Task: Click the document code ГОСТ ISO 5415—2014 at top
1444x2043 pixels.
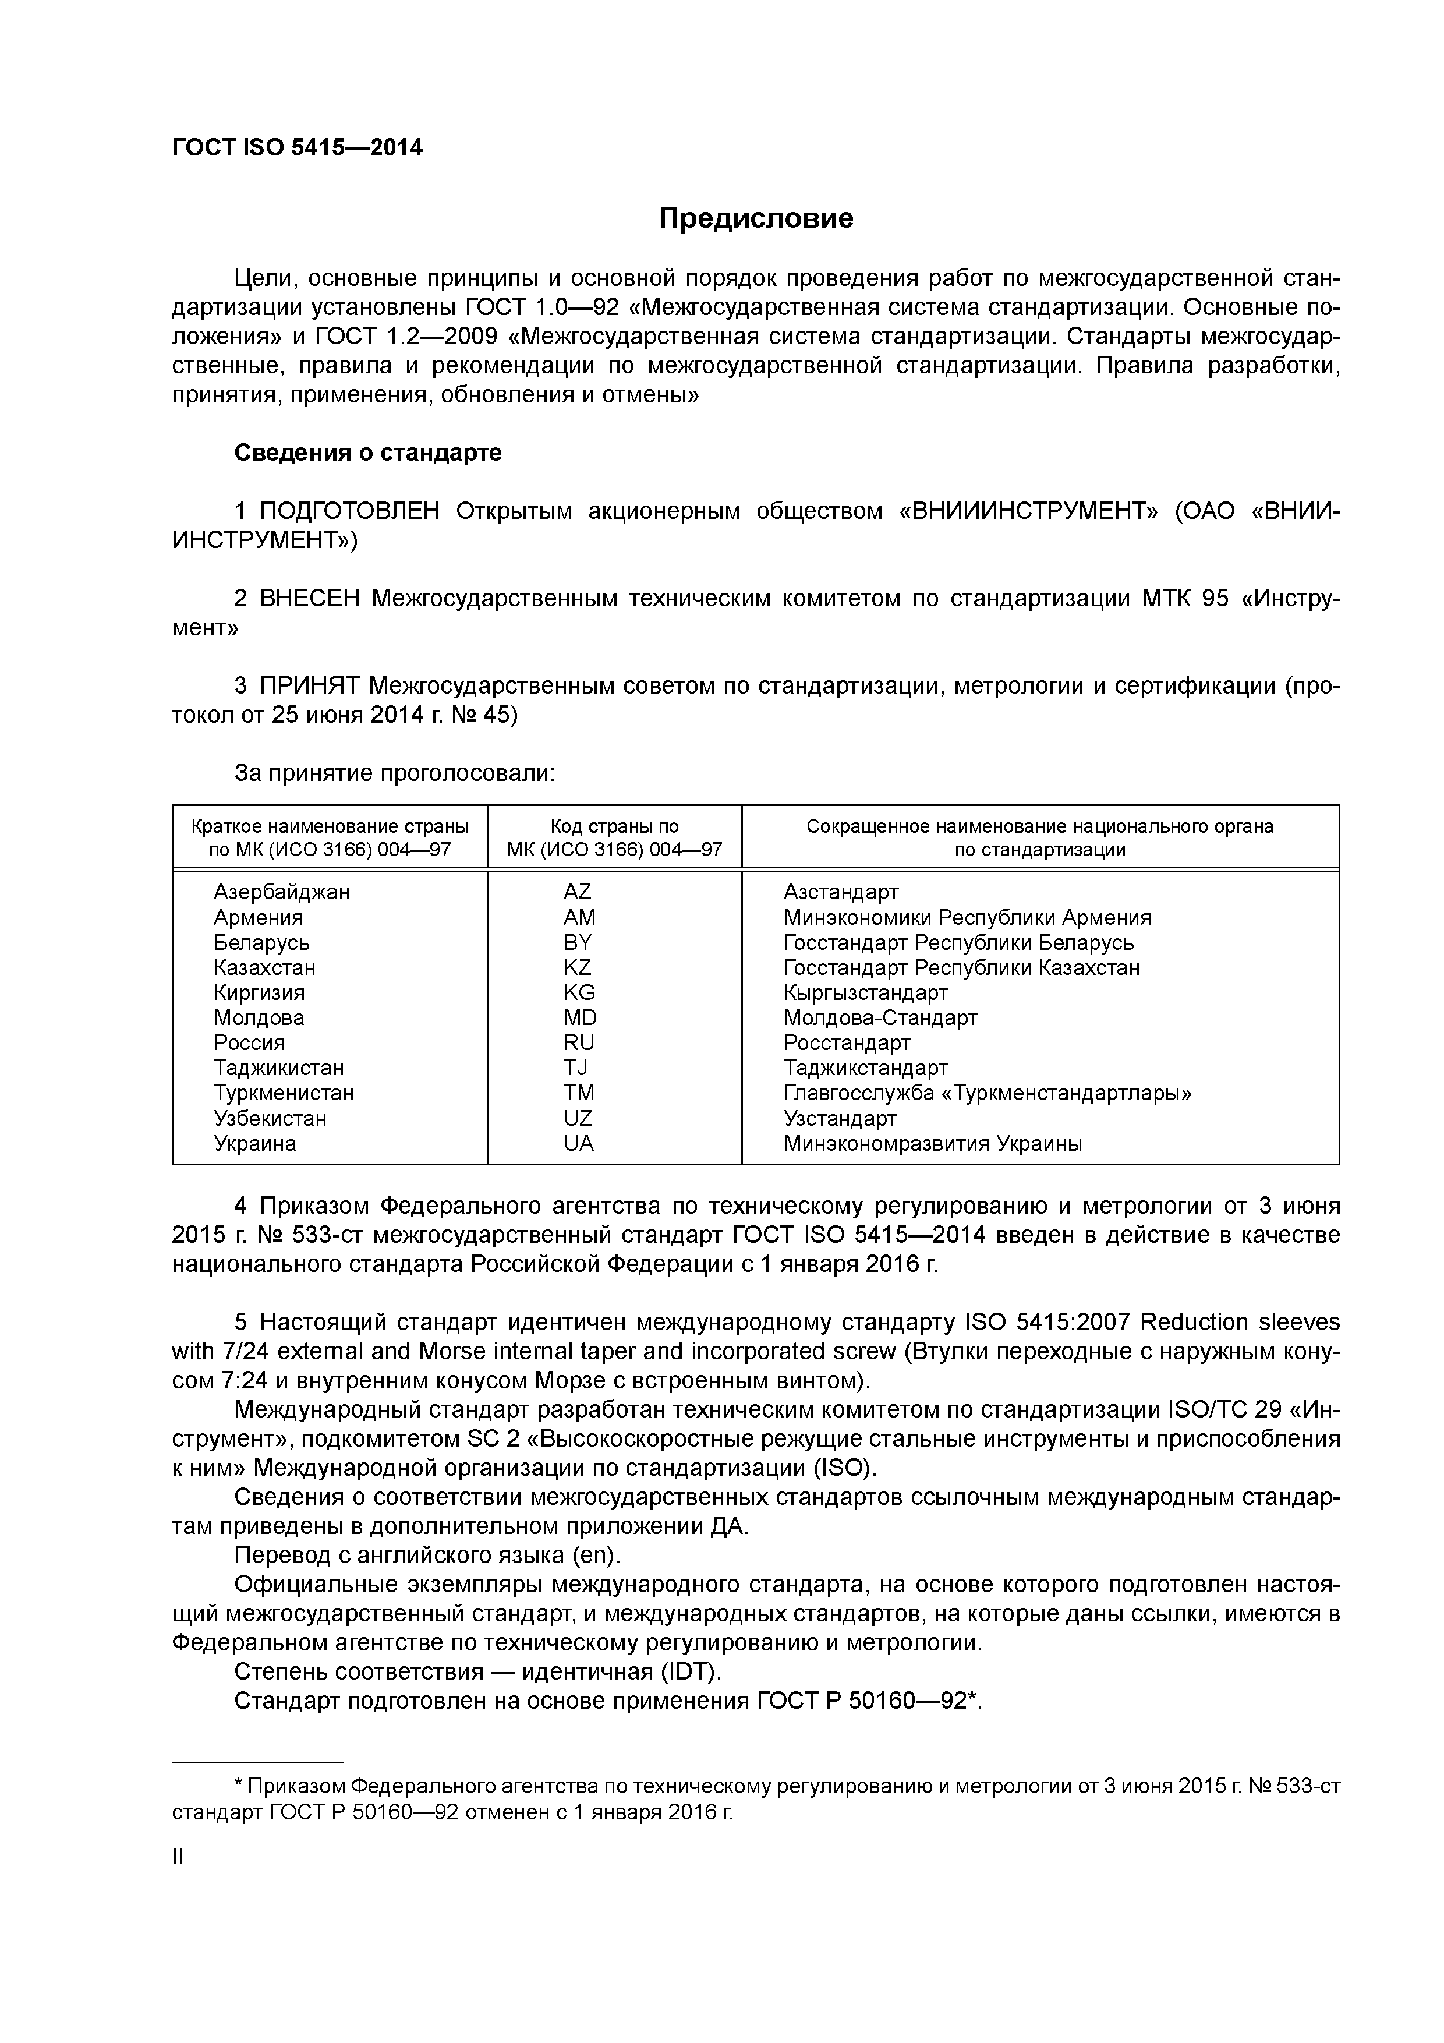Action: tap(297, 147)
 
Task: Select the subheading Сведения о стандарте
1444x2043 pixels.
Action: tap(367, 453)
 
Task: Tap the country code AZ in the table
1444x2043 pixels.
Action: tap(578, 892)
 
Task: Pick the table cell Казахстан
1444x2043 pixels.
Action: tap(264, 967)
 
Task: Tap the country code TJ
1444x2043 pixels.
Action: tap(576, 1068)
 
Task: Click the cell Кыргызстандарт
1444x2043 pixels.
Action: tap(866, 992)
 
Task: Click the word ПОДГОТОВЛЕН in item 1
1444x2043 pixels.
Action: tap(350, 511)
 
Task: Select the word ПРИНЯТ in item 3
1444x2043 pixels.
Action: tap(309, 686)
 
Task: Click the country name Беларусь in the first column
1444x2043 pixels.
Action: tap(261, 942)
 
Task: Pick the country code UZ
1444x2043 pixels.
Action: tap(578, 1119)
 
